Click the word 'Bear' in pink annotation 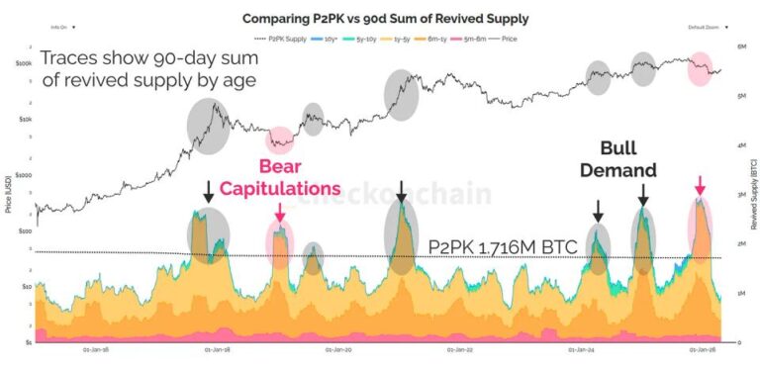coord(279,166)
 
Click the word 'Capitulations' coord(280,188)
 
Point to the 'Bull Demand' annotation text coord(627,158)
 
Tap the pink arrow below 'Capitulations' coord(280,211)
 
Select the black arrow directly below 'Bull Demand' coord(643,194)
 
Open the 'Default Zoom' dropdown coord(708,27)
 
